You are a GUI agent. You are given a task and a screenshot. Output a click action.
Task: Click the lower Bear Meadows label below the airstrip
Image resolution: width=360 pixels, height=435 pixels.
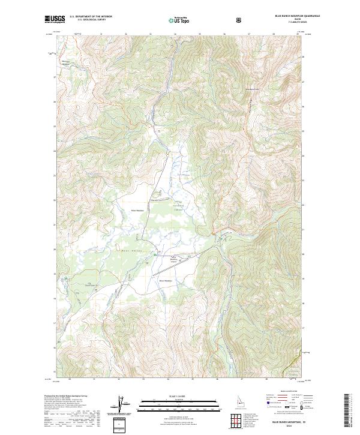pos(166,280)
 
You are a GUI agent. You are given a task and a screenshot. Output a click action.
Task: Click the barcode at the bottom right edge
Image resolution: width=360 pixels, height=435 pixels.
pos(347,414)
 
